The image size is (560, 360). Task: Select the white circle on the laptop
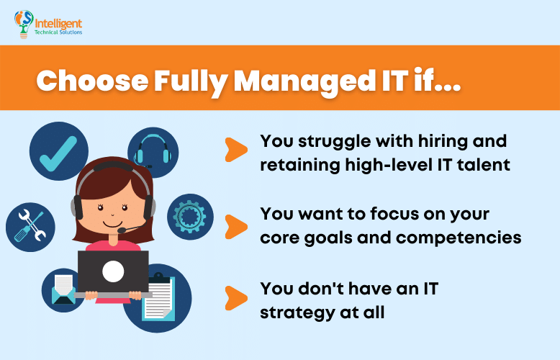(113, 271)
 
